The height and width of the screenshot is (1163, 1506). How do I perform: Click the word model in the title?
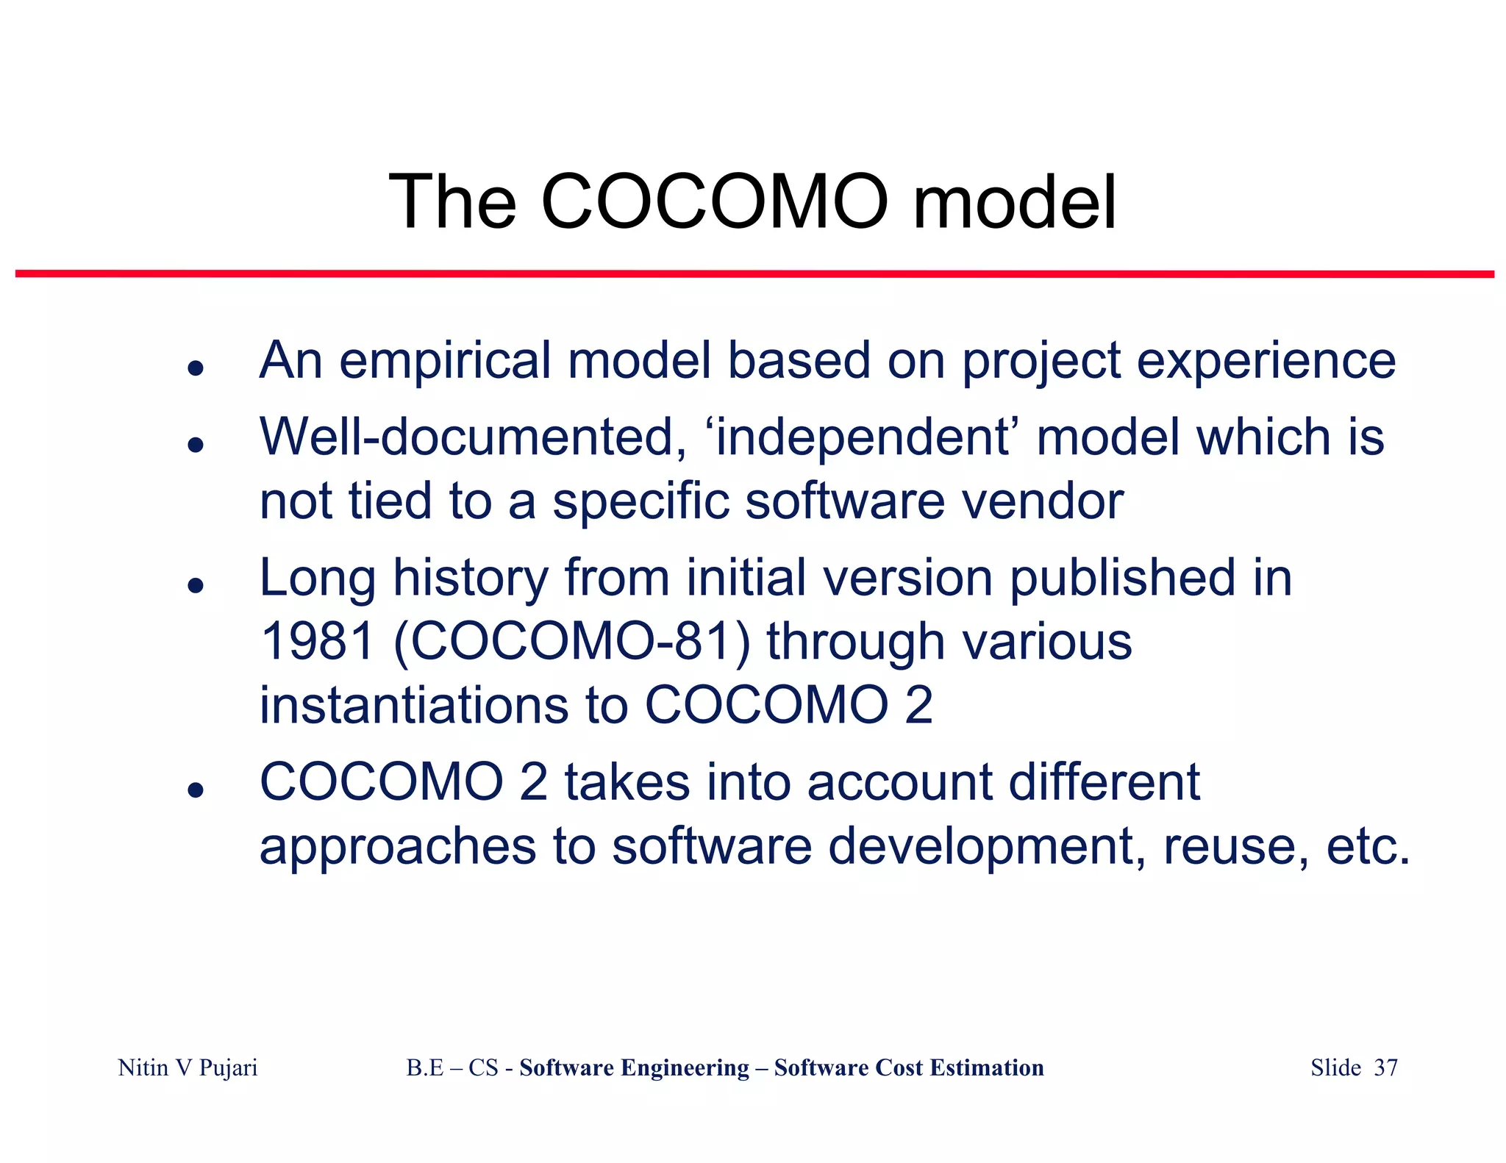point(1015,202)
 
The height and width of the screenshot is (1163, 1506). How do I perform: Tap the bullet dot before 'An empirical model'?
point(195,368)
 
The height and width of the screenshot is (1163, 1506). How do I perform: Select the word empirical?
point(445,362)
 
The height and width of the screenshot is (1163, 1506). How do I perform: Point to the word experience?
point(1266,362)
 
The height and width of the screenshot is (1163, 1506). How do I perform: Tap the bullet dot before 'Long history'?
point(195,585)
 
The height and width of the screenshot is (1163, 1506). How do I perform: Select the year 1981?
point(318,641)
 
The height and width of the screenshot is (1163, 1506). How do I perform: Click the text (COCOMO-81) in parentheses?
point(572,641)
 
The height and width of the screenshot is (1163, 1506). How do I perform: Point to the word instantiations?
point(414,705)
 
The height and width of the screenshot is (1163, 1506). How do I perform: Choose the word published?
point(1123,578)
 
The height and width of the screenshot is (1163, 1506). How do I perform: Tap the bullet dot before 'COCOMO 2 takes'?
point(195,790)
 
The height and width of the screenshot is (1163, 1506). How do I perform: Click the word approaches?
point(398,847)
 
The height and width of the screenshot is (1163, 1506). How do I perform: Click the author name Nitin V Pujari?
point(188,1067)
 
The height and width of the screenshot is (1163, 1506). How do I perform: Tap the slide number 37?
point(1385,1067)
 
